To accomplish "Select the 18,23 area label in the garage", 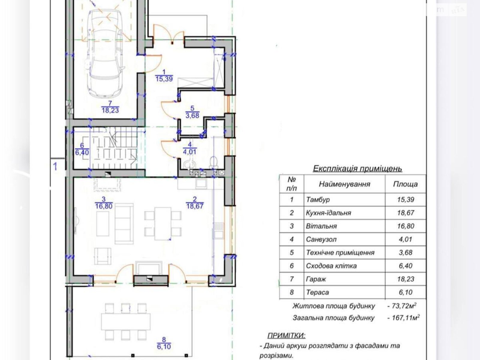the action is coord(110,110).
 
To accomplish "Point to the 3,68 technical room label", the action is coord(192,115).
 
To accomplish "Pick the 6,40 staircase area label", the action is coord(82,152).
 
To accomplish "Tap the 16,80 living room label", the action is coord(104,206).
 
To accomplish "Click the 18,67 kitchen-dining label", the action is coord(195,206).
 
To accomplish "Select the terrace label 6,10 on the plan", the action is coord(164,347).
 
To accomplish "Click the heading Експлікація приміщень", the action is coord(358,169).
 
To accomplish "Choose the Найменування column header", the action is coord(344,184).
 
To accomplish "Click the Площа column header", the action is coord(405,184).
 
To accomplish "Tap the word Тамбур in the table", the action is coord(318,199).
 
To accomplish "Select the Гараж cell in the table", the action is coord(316,279).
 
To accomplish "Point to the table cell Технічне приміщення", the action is coord(340,253).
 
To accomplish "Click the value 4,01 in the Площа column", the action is coord(405,239).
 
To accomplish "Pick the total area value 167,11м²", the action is coord(405,317).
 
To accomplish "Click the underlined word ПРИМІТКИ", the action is coord(286,335).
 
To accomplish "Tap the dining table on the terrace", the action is coord(126,322).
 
